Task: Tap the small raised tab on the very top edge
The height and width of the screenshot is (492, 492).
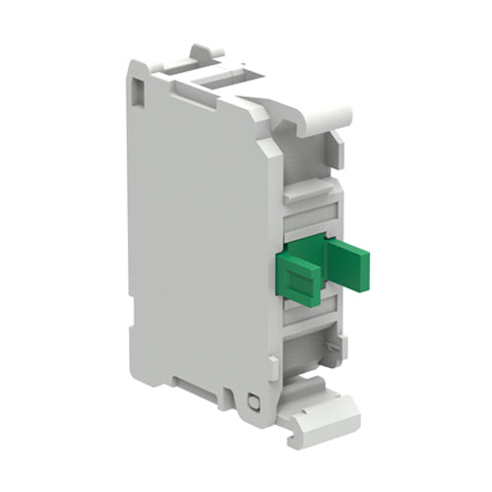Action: [202, 51]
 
